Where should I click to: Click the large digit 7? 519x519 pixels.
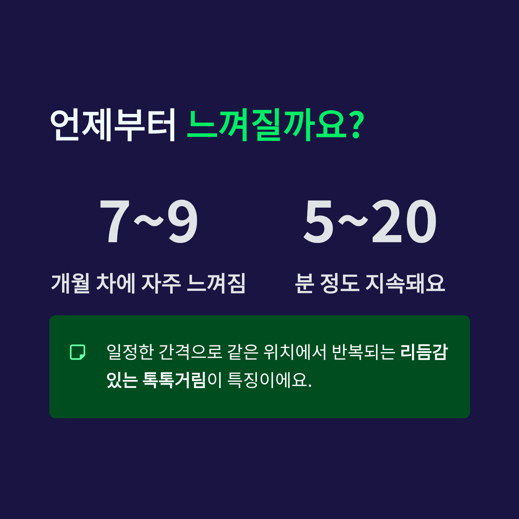pos(115,221)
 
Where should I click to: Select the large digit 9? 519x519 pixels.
pos(183,221)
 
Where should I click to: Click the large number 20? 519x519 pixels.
pos(404,221)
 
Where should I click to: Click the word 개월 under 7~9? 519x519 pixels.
pos(70,284)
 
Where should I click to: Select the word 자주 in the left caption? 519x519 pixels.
pos(161,284)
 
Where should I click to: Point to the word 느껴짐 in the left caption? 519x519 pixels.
pos(216,284)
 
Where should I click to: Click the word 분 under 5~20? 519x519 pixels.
pos(305,284)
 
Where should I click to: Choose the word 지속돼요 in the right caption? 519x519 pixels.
pos(406,284)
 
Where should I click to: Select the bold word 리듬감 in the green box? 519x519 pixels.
pos(424,352)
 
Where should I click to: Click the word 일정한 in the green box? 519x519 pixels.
pos(130,352)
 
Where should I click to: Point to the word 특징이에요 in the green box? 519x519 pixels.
pos(269,380)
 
